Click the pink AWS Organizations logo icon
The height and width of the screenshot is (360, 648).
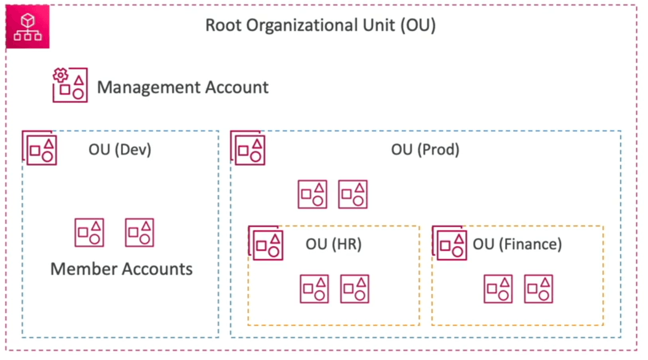[28, 27]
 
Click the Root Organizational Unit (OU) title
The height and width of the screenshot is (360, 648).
[320, 25]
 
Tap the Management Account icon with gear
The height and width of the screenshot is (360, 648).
[70, 85]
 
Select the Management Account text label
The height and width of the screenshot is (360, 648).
[182, 87]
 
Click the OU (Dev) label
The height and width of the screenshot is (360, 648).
[120, 149]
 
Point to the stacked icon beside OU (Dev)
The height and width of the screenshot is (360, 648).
[39, 148]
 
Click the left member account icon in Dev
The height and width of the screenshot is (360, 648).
[89, 233]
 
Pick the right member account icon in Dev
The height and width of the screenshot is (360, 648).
[140, 233]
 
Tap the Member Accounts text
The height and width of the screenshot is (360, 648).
[121, 269]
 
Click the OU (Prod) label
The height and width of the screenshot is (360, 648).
[425, 149]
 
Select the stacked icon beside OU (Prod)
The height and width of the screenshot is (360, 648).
[248, 148]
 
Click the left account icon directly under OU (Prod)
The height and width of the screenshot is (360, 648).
[313, 194]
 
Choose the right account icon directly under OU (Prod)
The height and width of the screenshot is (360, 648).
[353, 194]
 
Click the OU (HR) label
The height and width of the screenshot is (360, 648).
[334, 244]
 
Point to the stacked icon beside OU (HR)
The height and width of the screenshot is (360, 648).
[266, 242]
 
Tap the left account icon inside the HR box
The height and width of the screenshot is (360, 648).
[314, 289]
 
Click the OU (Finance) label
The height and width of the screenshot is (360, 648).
[517, 244]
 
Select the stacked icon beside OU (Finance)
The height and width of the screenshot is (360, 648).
[449, 242]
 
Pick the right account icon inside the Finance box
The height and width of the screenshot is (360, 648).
[538, 289]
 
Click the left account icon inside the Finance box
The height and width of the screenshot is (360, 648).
[499, 289]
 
